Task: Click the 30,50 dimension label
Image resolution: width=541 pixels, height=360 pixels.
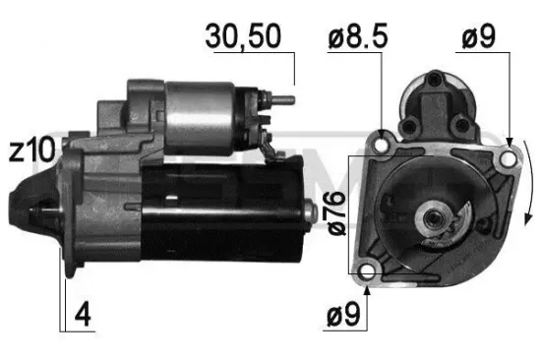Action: click(x=243, y=36)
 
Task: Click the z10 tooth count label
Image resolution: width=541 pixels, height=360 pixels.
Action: click(x=30, y=150)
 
